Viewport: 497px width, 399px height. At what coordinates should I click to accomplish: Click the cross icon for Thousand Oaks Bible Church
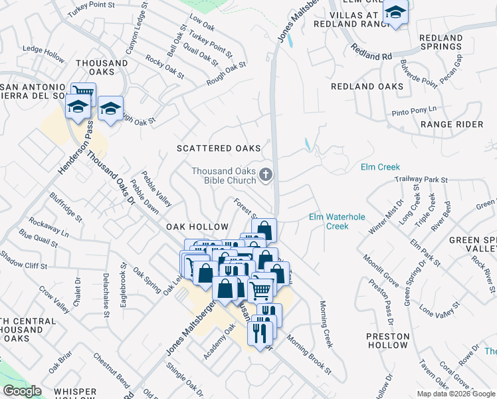click(266, 175)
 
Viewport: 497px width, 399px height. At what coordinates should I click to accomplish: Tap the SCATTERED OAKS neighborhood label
click(218, 148)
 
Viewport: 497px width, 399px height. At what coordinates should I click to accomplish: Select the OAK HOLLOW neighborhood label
click(197, 227)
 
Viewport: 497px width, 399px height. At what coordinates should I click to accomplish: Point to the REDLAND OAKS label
click(367, 86)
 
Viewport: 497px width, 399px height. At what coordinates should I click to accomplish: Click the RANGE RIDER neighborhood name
click(451, 124)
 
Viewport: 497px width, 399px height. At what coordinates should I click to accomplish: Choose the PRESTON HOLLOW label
click(387, 340)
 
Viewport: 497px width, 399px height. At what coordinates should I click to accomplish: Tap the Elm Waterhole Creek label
click(328, 221)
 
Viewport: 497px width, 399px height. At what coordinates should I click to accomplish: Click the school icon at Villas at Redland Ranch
click(395, 13)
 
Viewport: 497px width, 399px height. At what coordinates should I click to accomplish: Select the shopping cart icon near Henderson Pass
click(83, 92)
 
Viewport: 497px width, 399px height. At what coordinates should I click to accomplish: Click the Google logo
click(22, 391)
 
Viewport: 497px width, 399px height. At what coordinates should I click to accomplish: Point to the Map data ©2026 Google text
click(456, 394)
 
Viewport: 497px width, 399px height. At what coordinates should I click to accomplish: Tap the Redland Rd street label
click(372, 53)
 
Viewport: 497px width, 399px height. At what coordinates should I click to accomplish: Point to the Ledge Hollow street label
click(43, 54)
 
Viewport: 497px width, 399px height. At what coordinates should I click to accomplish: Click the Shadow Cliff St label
click(23, 261)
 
